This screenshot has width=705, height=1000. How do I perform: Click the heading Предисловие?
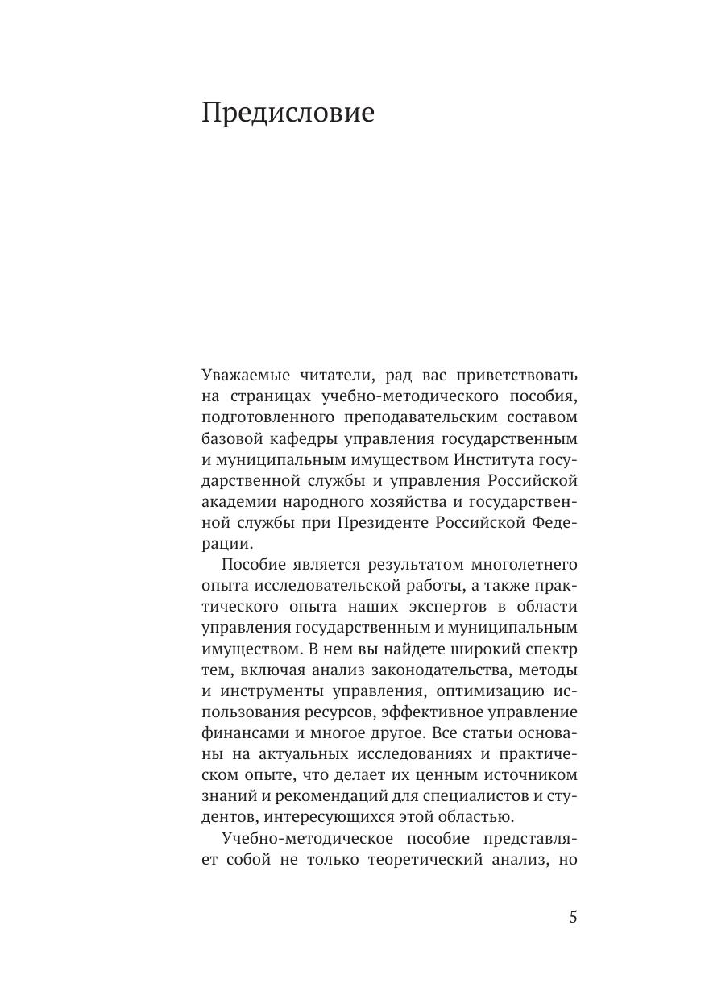pos(288,113)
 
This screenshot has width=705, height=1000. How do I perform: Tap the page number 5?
pos(573,917)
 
